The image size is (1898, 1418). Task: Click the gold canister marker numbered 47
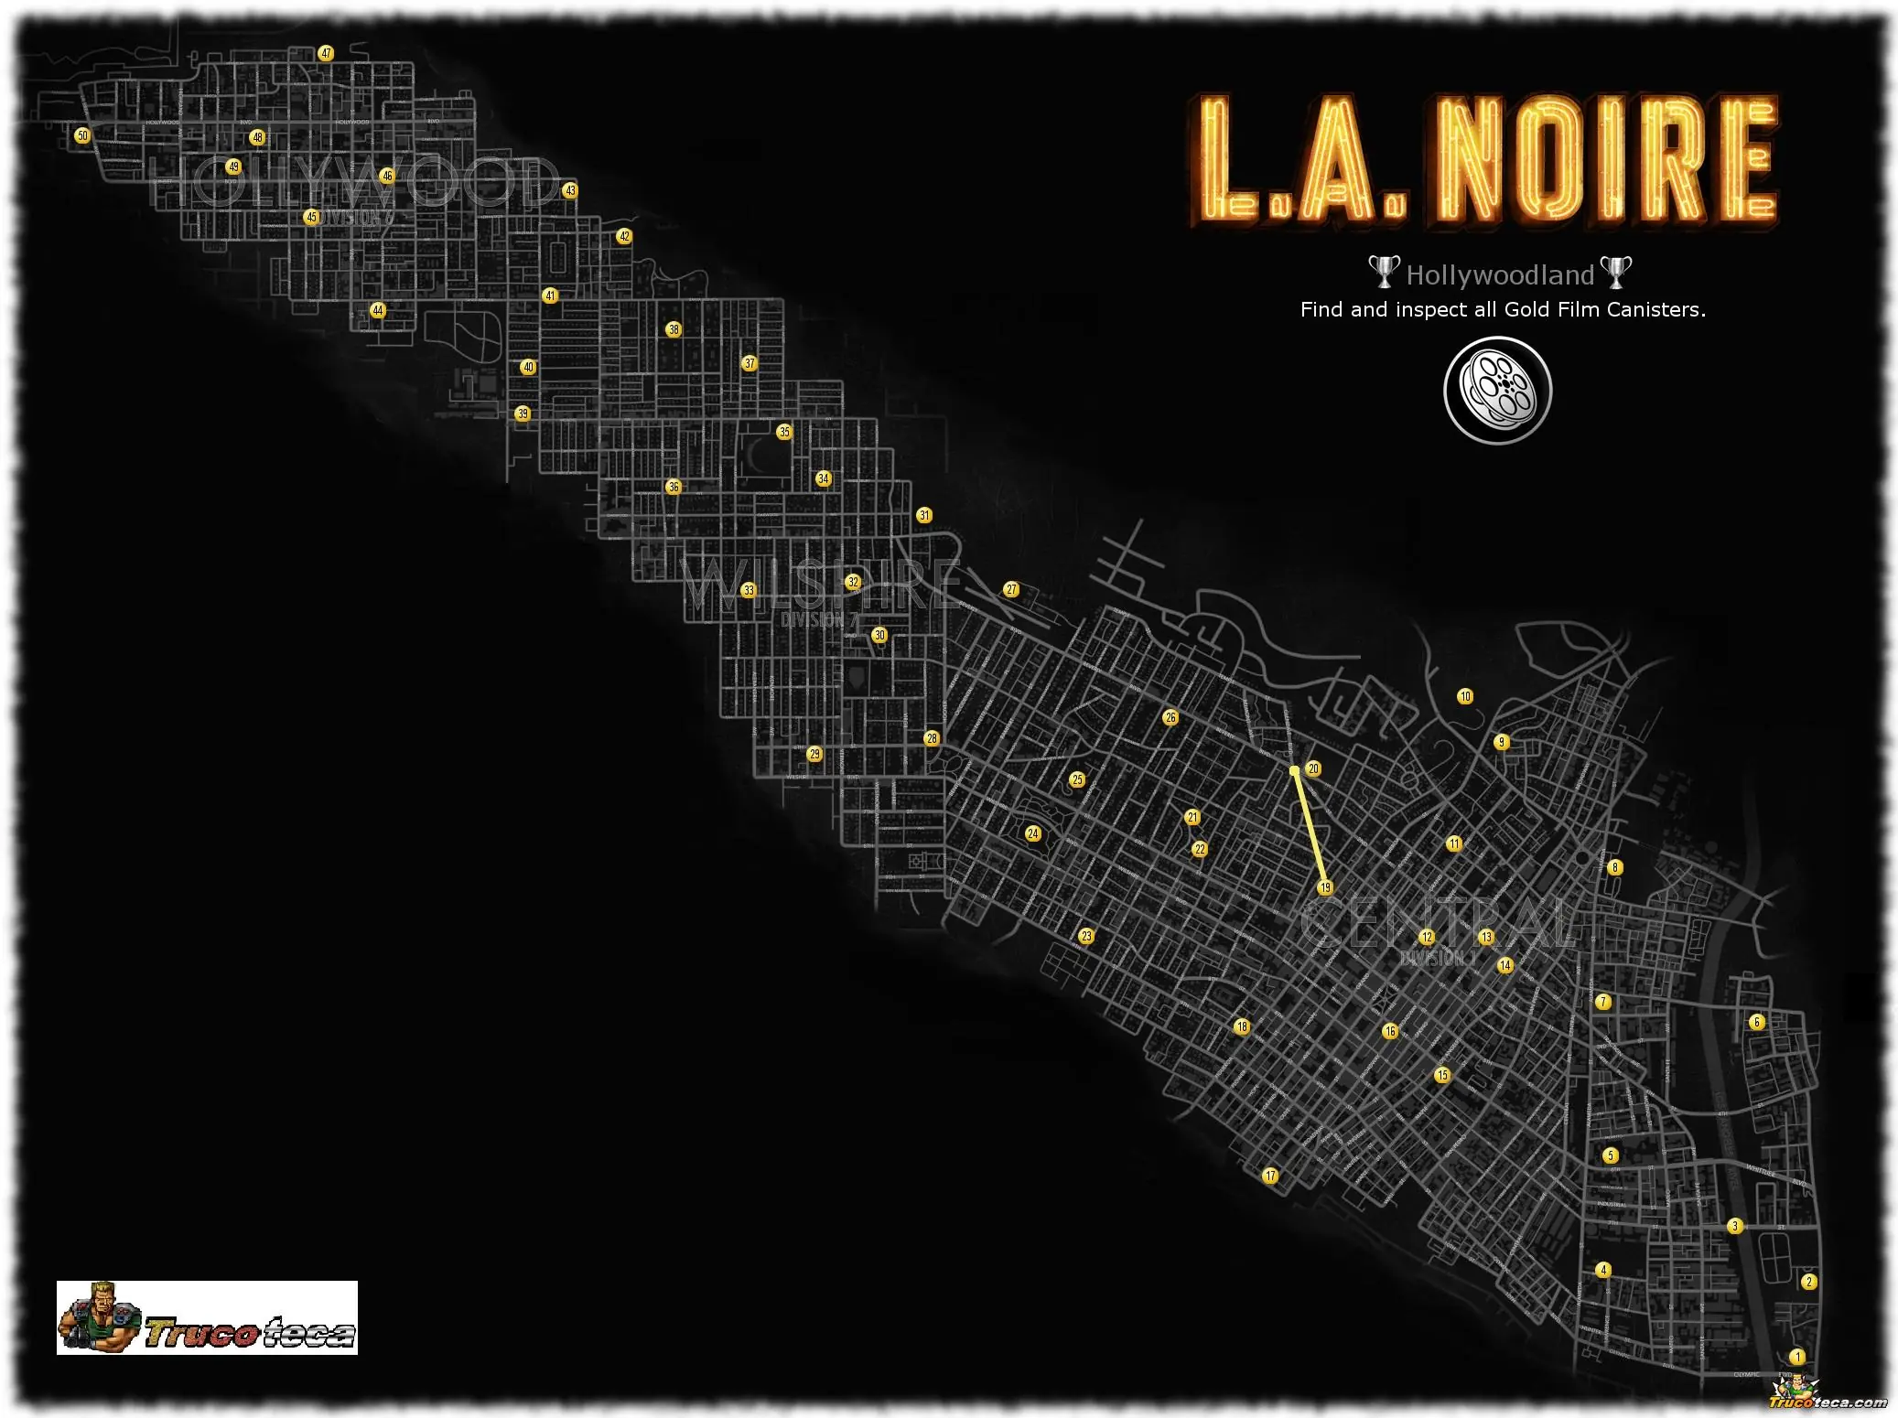point(326,53)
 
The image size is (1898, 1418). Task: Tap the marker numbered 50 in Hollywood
point(82,135)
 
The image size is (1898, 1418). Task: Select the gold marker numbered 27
point(1011,589)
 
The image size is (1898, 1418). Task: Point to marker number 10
point(1465,696)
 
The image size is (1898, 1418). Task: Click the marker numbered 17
point(1270,1176)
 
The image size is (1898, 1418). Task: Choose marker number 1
point(1797,1357)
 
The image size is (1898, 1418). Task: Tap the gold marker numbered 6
point(1756,1022)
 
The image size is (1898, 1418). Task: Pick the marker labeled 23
point(1086,936)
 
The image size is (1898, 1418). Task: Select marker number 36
point(674,487)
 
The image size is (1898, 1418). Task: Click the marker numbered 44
point(378,310)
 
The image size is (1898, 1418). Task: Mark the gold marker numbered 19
point(1325,887)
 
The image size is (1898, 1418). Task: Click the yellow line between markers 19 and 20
point(1310,829)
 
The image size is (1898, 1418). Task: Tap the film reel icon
point(1498,391)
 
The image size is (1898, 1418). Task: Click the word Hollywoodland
point(1500,275)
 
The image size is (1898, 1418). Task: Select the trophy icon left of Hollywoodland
point(1383,272)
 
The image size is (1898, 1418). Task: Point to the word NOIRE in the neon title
point(1605,160)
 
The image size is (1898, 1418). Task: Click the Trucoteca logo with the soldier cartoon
point(207,1317)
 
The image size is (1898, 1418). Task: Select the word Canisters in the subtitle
point(1655,310)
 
